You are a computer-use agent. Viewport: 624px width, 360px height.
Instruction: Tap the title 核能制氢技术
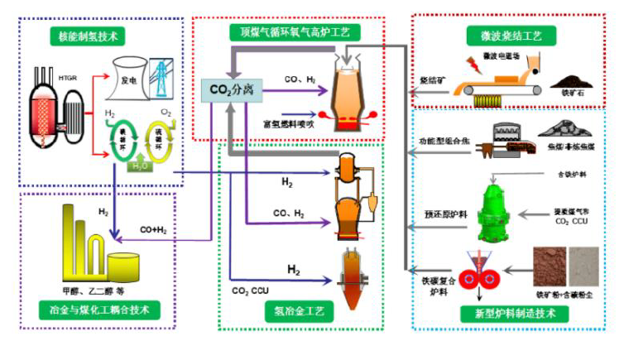pos(89,36)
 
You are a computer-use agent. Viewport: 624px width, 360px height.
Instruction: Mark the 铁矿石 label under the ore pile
pos(572,105)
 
